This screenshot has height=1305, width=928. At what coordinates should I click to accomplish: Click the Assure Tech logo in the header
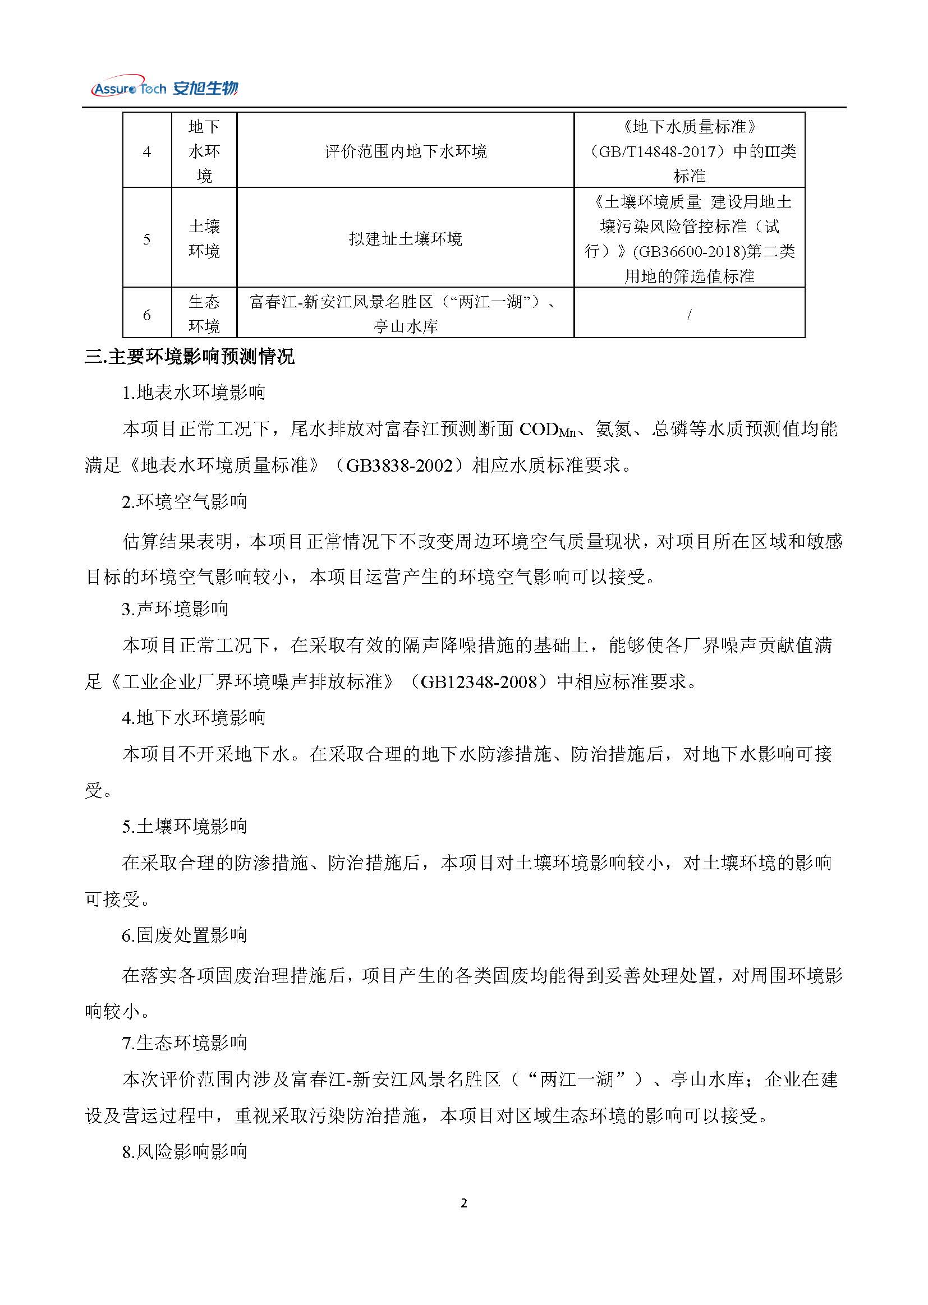pyautogui.click(x=164, y=87)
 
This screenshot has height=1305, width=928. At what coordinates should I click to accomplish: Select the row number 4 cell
pyautogui.click(x=147, y=151)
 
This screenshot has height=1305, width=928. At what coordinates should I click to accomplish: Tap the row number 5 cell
pyautogui.click(x=147, y=239)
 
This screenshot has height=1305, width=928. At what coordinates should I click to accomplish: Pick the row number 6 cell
pyautogui.click(x=147, y=315)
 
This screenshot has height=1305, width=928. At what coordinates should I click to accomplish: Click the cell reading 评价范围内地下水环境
pyautogui.click(x=405, y=151)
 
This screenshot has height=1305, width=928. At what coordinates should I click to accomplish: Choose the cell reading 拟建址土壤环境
pyautogui.click(x=405, y=239)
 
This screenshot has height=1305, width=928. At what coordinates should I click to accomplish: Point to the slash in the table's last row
pyautogui.click(x=689, y=315)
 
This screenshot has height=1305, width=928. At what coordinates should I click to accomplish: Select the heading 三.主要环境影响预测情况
pyautogui.click(x=190, y=357)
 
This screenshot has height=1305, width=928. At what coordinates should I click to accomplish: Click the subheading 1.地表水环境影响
pyautogui.click(x=194, y=393)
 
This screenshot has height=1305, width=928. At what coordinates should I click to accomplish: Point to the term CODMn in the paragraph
pyautogui.click(x=547, y=430)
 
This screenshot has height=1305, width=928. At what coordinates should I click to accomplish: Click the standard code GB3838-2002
pyautogui.click(x=399, y=465)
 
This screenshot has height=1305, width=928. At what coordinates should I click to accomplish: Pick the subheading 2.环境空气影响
pyautogui.click(x=185, y=502)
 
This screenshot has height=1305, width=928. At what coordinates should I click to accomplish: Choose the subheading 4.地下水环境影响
pyautogui.click(x=194, y=718)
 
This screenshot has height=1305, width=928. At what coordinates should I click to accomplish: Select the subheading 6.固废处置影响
pyautogui.click(x=185, y=935)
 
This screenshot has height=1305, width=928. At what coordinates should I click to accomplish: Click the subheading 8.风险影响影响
pyautogui.click(x=185, y=1151)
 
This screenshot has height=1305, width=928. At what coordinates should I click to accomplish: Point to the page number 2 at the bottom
pyautogui.click(x=463, y=1203)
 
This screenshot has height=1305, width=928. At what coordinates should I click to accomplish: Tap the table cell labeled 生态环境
pyautogui.click(x=204, y=315)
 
